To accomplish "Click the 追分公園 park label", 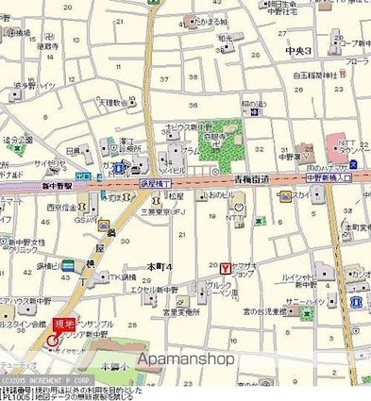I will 18,142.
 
